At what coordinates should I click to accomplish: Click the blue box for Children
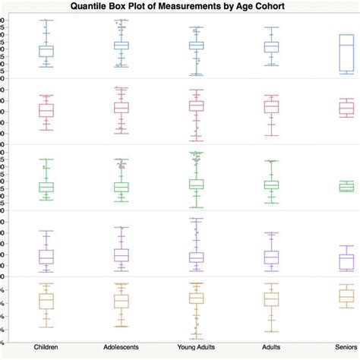click(46, 51)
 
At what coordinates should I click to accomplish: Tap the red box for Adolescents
click(122, 107)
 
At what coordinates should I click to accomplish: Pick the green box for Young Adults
click(197, 184)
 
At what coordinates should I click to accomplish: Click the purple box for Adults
click(271, 257)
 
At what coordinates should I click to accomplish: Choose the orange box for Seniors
click(346, 295)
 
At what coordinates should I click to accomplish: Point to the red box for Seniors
click(346, 109)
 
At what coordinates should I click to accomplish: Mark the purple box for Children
click(46, 257)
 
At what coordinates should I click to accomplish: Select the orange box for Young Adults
click(197, 298)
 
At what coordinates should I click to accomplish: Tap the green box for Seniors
click(346, 187)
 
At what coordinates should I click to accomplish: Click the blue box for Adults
click(271, 47)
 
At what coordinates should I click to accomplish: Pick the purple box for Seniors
click(346, 262)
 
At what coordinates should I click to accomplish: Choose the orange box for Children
click(46, 302)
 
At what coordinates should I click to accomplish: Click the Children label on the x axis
click(46, 347)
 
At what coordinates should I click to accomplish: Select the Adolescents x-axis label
click(122, 347)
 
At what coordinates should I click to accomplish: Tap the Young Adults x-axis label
click(197, 347)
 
